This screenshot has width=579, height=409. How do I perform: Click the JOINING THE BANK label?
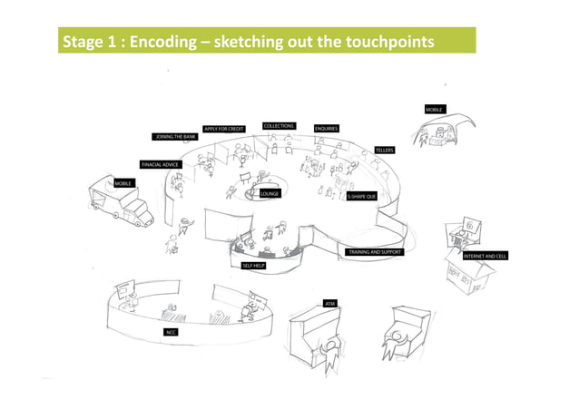175,136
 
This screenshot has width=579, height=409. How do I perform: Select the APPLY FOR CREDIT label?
224,129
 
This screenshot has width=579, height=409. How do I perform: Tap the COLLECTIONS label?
279,125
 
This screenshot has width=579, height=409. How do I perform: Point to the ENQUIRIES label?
327,129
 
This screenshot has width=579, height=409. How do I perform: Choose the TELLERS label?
385,149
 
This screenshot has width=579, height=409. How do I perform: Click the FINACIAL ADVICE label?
160,164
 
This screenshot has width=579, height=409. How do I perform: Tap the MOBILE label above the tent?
434,110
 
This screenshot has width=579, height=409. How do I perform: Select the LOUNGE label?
270,193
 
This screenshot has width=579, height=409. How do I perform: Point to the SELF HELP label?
253,266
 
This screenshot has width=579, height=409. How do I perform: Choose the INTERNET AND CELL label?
486,257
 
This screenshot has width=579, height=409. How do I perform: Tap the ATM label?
329,301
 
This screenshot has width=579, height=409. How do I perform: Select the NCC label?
170,333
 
